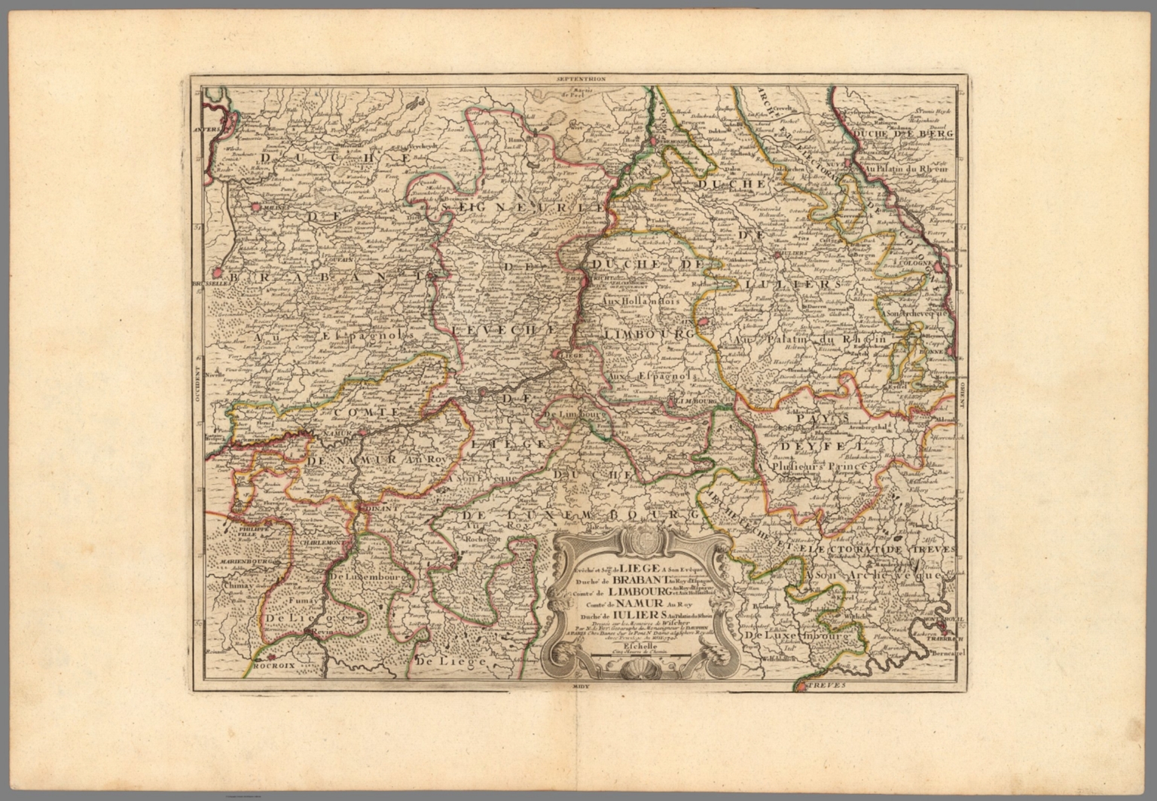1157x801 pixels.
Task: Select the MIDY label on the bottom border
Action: (x=578, y=687)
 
